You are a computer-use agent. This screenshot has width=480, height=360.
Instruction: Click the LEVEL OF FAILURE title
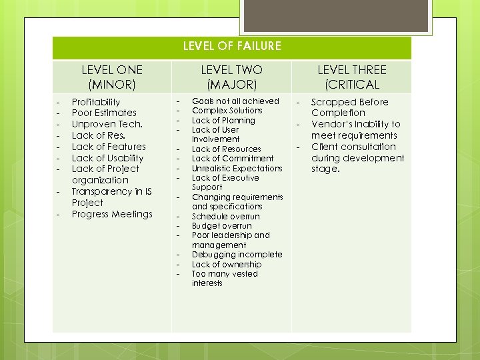[232, 46]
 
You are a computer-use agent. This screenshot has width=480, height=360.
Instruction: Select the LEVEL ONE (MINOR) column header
[111, 77]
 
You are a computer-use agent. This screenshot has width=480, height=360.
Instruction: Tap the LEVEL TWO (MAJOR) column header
[231, 77]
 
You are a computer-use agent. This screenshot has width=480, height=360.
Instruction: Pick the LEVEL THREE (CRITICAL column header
[351, 77]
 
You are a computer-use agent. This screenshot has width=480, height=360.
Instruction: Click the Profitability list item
[96, 102]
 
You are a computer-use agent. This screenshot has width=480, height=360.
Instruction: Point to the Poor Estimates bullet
[104, 113]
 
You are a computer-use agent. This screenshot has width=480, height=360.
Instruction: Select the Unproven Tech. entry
[107, 125]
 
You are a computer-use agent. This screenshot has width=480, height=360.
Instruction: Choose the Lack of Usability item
[107, 158]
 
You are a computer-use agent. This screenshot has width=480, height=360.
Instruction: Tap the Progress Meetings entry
[112, 214]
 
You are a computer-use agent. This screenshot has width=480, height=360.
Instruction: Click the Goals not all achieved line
[235, 101]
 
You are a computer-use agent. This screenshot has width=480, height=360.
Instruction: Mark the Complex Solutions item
[227, 111]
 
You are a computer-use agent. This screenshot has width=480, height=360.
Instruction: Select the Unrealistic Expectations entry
[237, 168]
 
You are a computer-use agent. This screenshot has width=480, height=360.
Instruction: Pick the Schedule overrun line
[225, 216]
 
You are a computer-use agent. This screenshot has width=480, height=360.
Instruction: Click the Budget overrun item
[221, 226]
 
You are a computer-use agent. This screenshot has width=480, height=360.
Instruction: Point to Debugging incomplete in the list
[237, 255]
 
